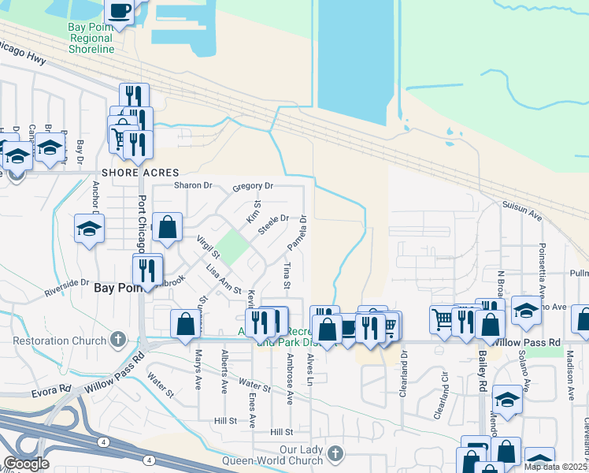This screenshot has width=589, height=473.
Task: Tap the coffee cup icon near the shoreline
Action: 120,12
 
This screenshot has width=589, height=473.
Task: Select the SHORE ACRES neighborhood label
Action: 140,173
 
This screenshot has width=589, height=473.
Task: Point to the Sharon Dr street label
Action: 194,186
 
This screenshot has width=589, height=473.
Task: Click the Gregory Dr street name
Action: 253,187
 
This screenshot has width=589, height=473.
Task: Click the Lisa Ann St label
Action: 223,280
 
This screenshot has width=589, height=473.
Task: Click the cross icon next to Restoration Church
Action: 118,340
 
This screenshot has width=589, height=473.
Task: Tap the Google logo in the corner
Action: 26,464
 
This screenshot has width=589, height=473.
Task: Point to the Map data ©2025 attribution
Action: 555,467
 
